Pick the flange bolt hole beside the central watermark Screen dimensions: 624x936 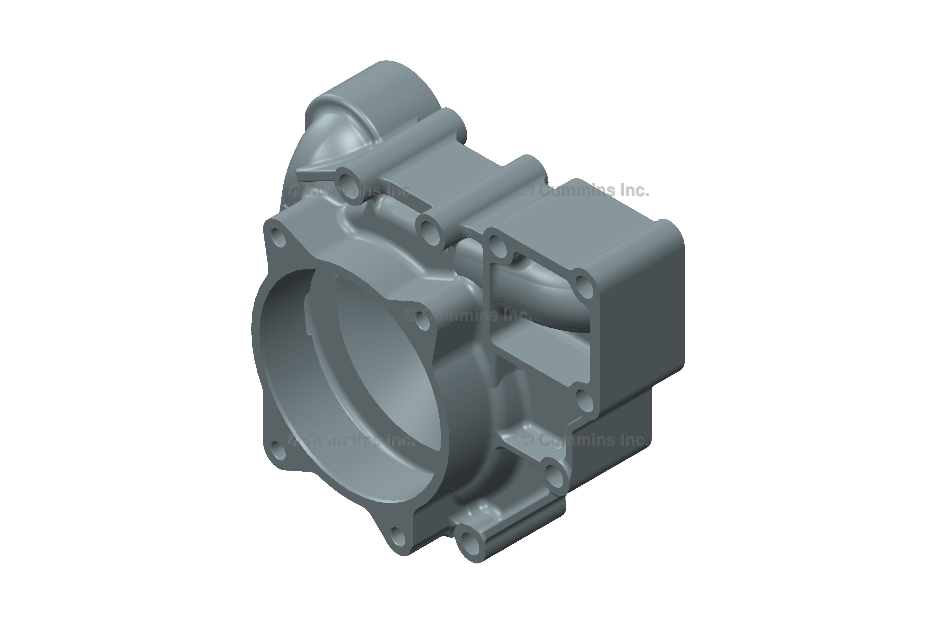[x=424, y=321]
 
